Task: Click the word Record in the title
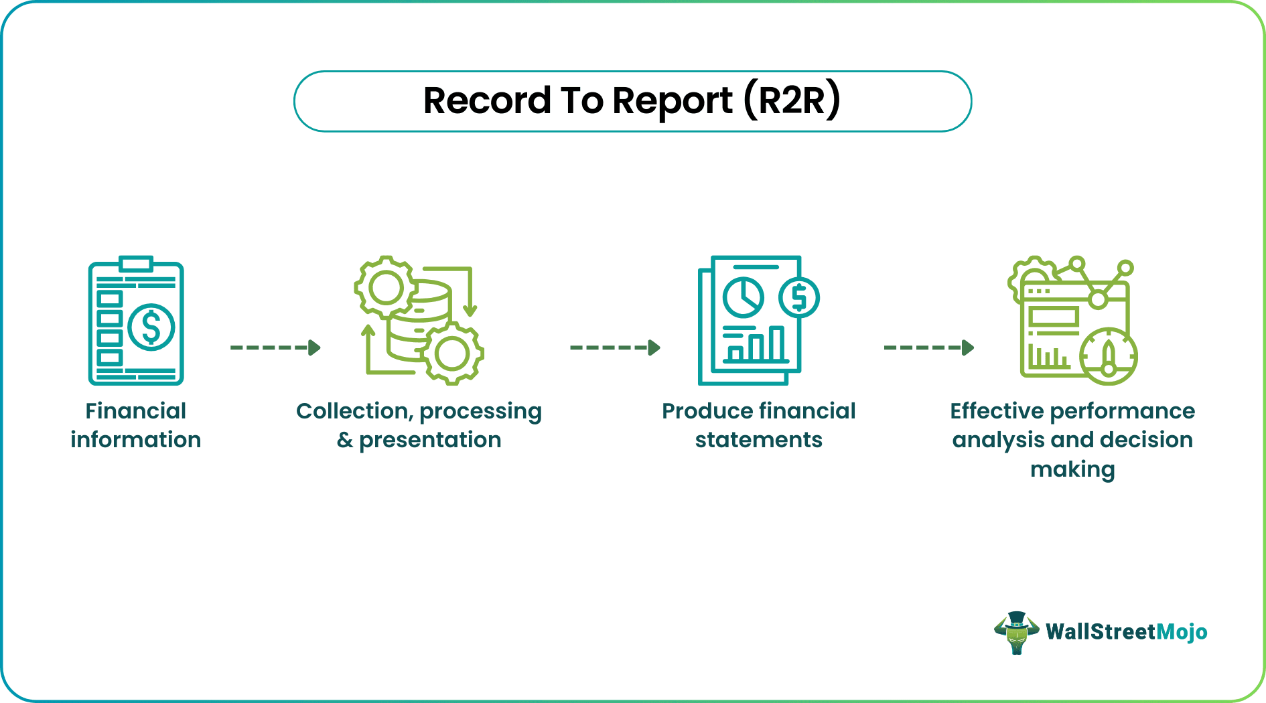tap(487, 101)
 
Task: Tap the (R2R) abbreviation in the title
tap(792, 101)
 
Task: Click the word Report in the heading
tap(672, 101)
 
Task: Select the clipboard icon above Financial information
tap(136, 321)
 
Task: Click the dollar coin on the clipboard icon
tap(151, 327)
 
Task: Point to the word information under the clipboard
tap(136, 440)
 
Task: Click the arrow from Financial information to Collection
tap(275, 347)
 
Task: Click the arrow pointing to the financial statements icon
tap(615, 347)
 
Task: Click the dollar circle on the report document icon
tap(798, 297)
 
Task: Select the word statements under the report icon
tap(758, 440)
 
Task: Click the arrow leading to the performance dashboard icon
tap(928, 347)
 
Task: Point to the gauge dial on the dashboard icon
tap(1109, 356)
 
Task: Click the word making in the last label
tap(1072, 469)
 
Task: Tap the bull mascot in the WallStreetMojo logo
tap(1016, 632)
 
